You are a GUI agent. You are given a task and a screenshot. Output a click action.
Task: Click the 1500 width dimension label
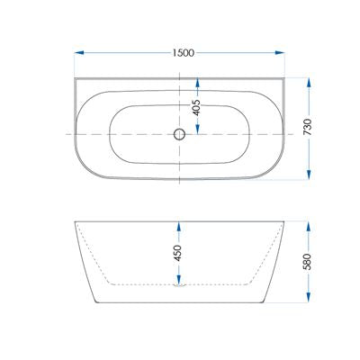[x=184, y=53]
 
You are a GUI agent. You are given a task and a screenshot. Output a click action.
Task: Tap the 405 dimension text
[x=196, y=107]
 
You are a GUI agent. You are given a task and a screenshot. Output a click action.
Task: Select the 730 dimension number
[x=308, y=128]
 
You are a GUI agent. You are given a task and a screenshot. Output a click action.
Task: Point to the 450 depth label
[x=178, y=253]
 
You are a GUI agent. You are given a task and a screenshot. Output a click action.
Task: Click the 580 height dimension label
[x=308, y=262]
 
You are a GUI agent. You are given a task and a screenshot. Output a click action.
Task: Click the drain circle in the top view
[x=179, y=134]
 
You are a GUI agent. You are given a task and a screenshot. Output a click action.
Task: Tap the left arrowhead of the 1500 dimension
[x=79, y=53]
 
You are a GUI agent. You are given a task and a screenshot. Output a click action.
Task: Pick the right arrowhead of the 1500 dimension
[x=280, y=53]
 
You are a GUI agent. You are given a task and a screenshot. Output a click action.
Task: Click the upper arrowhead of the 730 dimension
[x=309, y=83]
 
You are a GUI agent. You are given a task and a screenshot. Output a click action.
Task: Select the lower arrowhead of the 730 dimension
[x=309, y=175]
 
